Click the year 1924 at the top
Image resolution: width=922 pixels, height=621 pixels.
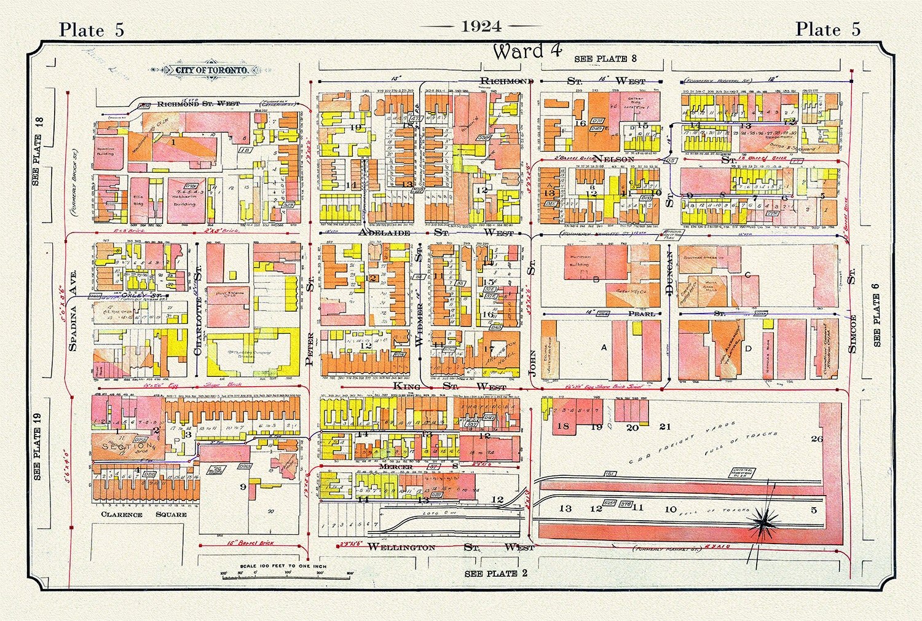click(481, 26)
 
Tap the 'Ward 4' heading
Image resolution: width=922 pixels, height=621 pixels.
click(527, 52)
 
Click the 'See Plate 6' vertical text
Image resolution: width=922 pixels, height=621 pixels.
click(876, 320)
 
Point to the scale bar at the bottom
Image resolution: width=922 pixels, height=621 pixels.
click(286, 576)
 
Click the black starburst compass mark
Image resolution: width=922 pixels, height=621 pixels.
click(762, 523)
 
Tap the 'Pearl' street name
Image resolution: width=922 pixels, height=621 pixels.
click(641, 314)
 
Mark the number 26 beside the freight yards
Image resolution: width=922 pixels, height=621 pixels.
click(816, 438)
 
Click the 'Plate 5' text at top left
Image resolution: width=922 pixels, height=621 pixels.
click(92, 30)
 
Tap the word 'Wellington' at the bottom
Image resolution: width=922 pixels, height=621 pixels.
click(401, 547)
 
